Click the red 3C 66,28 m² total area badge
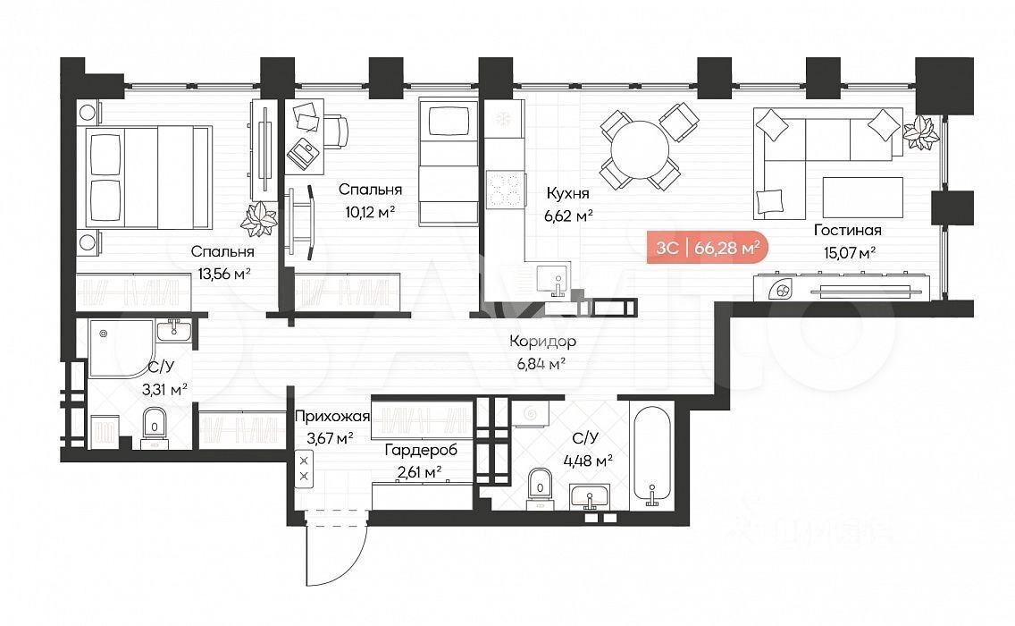tap(708, 248)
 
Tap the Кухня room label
tap(567, 193)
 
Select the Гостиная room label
tap(847, 230)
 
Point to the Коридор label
tap(542, 342)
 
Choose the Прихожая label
tap(332, 417)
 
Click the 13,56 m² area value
tap(224, 275)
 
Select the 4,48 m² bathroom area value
tap(588, 461)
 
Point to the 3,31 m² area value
tap(164, 390)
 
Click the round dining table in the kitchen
tap(641, 150)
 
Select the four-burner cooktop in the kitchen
tap(505, 190)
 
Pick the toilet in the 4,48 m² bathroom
tap(540, 485)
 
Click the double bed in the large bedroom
tap(148, 177)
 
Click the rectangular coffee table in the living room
tap(863, 197)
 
